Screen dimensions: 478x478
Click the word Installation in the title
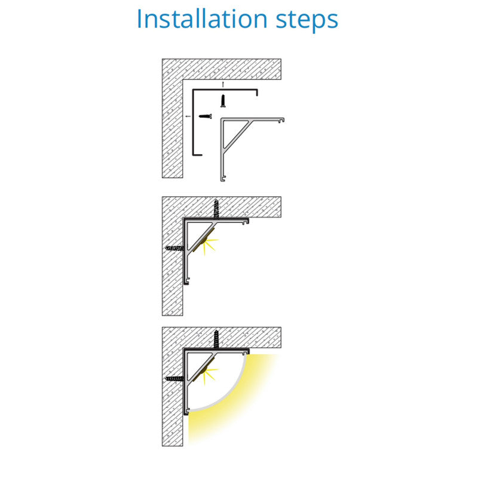pos(202,19)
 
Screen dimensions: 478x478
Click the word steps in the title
pos(307,21)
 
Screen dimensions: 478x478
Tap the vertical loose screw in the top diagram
pos(223,101)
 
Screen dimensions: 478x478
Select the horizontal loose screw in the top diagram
pos(205,116)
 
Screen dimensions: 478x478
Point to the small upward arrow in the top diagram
pos(223,84)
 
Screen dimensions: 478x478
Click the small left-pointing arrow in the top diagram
pos(188,116)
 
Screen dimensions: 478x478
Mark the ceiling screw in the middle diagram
pos(216,209)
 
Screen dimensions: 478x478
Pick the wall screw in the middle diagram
pos(174,248)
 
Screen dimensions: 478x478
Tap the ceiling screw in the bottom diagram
pos(216,339)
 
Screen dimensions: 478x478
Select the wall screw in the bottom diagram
pos(174,379)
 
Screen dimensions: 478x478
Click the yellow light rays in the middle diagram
pos(210,245)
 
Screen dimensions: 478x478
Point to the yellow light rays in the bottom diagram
pos(210,376)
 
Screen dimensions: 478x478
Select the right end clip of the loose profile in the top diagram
pos(281,120)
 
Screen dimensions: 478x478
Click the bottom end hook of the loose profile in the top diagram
pos(223,178)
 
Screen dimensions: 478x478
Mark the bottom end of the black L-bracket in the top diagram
pos(197,155)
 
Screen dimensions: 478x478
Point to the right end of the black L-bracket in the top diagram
pos(257,93)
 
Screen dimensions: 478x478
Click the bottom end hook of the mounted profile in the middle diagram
pos(187,281)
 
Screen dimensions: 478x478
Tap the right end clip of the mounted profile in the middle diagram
pos(246,222)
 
